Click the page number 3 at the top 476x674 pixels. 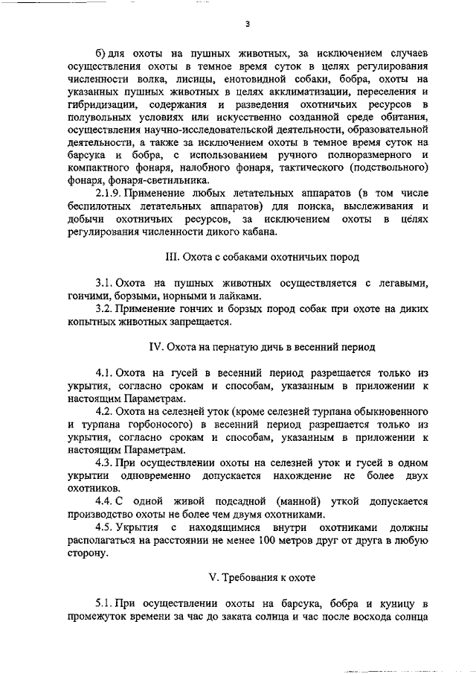(x=246, y=24)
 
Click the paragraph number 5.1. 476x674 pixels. (x=103, y=604)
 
